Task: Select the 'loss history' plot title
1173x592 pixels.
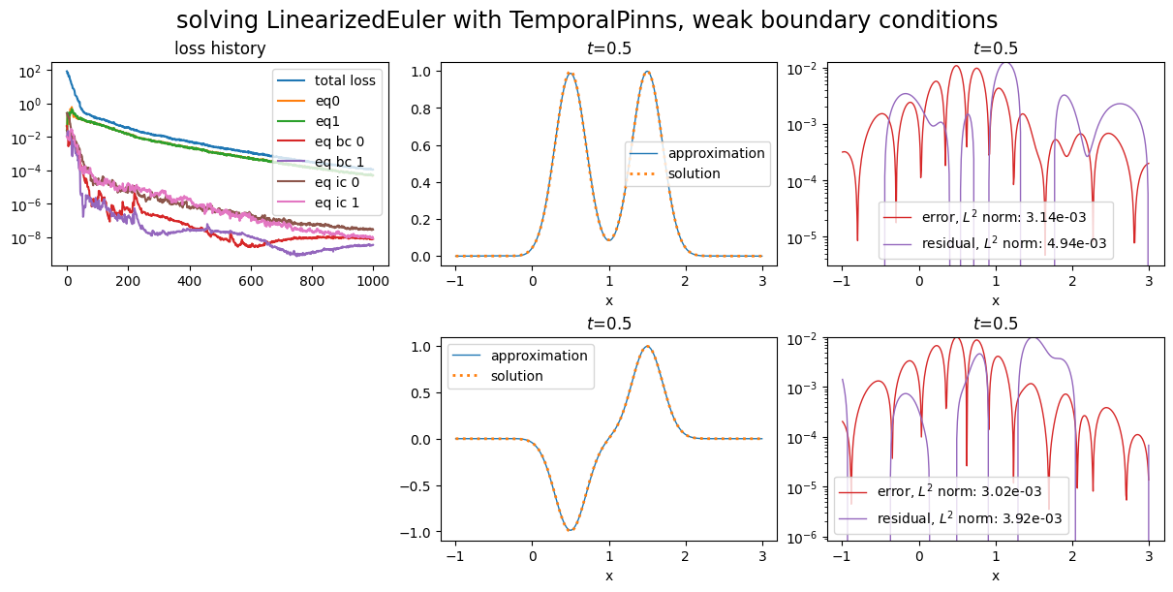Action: [x=220, y=48]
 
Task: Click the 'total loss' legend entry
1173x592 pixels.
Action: [x=345, y=80]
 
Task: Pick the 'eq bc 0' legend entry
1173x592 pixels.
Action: [x=339, y=141]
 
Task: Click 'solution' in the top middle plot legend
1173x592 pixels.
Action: [x=695, y=173]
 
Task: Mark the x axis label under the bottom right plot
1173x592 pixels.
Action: [x=995, y=576]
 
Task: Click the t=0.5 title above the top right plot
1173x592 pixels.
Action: [x=995, y=48]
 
